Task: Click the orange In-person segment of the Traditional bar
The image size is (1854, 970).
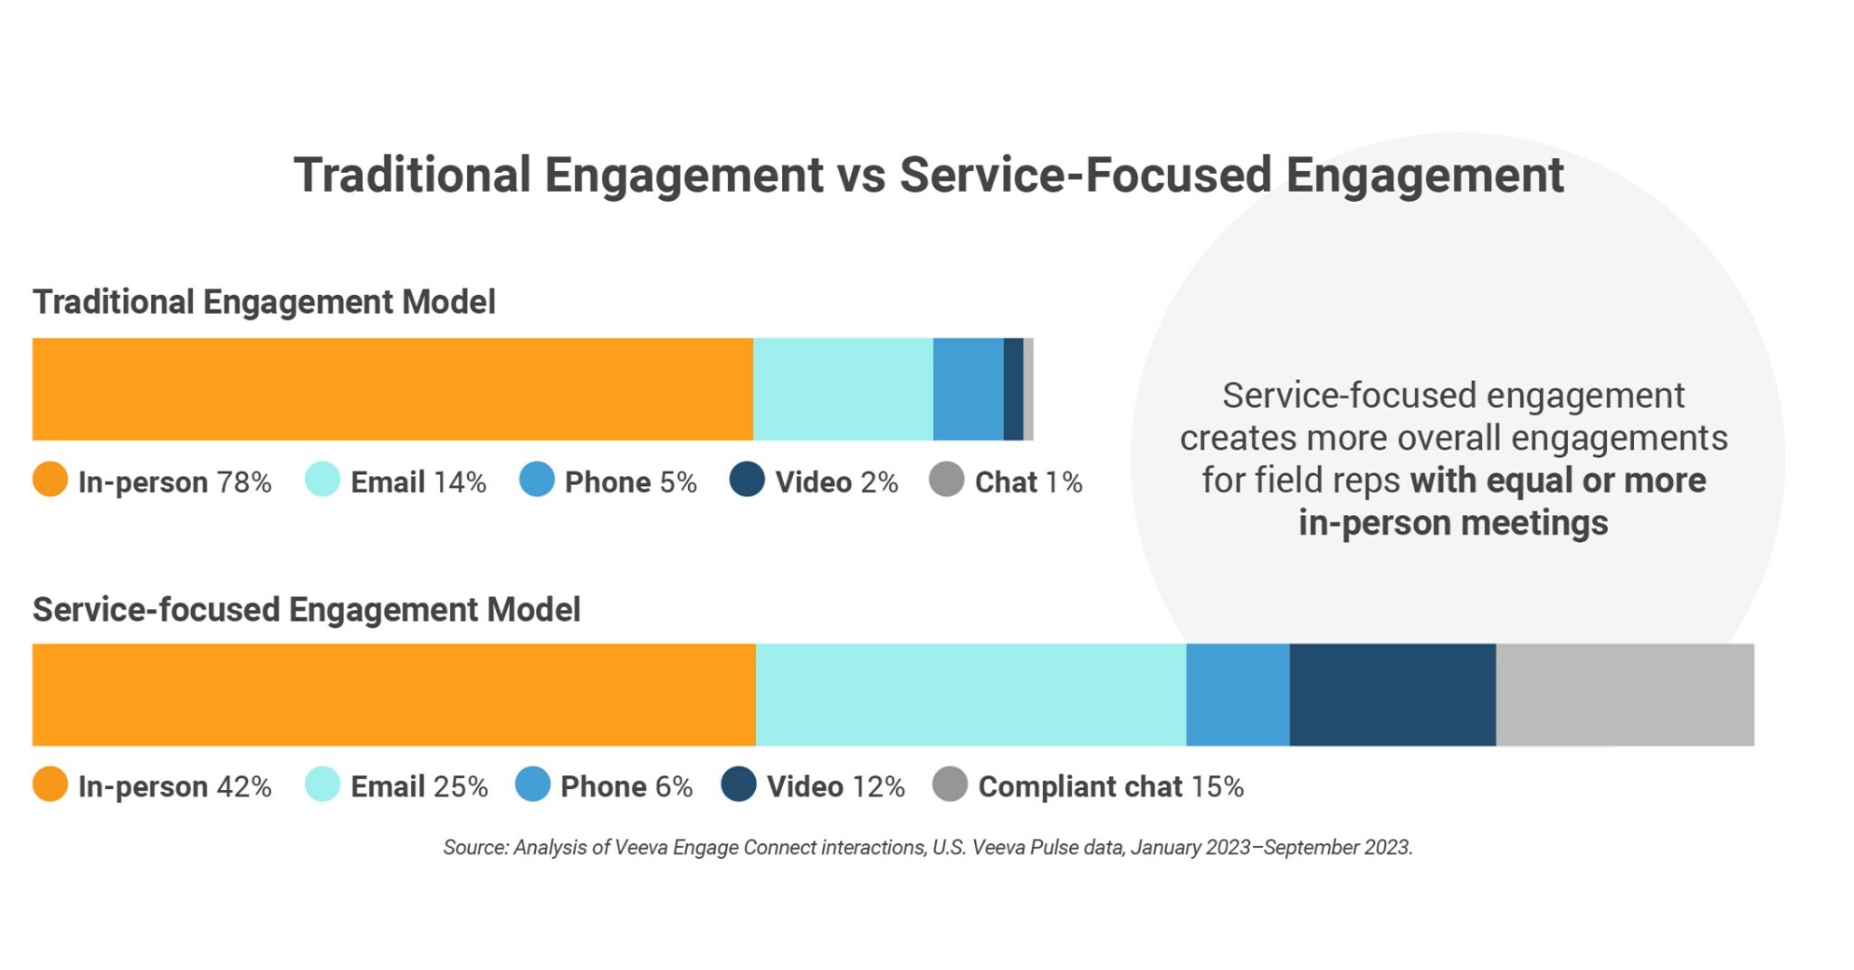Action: (x=392, y=389)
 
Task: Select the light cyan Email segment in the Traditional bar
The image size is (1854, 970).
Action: (x=843, y=389)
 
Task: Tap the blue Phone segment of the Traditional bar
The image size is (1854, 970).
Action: (x=968, y=389)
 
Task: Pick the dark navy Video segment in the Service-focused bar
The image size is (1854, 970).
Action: (x=1392, y=695)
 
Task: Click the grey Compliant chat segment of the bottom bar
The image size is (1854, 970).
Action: (x=1625, y=695)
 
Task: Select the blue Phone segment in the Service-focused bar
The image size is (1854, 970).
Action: (x=1238, y=695)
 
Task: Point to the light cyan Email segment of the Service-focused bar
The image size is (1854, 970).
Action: (x=970, y=695)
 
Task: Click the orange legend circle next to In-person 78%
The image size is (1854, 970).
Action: (x=51, y=480)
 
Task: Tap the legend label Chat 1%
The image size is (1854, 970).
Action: (x=1027, y=482)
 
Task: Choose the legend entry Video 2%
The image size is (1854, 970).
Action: (x=836, y=482)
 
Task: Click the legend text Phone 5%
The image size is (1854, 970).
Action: (x=630, y=482)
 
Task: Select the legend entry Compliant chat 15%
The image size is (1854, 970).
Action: (x=1110, y=786)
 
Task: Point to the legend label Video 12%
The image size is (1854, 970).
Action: (x=835, y=786)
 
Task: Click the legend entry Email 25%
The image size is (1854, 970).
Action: (x=418, y=786)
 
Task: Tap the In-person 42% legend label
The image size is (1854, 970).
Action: (x=174, y=786)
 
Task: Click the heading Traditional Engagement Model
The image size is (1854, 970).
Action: (x=263, y=302)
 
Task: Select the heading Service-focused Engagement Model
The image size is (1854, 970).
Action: (x=306, y=610)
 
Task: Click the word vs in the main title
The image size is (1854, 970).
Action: (x=861, y=176)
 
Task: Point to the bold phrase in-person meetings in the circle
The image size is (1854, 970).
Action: (x=1453, y=523)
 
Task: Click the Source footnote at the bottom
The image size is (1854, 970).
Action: (x=927, y=848)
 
